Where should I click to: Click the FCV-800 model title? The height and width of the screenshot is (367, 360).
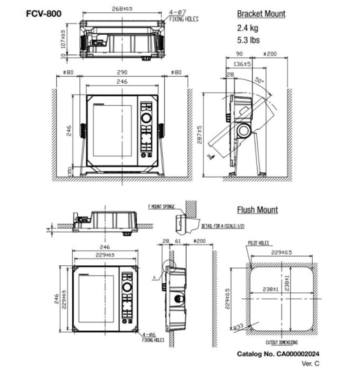(44, 13)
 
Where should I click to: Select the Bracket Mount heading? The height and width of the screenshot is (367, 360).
(261, 14)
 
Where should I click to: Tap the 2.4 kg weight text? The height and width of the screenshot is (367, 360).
(248, 29)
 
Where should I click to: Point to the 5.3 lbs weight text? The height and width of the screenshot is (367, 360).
(249, 41)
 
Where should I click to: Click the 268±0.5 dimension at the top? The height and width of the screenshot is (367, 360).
(122, 9)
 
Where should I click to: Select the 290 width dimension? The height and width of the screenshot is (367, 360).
(122, 72)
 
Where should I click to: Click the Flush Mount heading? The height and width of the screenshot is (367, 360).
(257, 210)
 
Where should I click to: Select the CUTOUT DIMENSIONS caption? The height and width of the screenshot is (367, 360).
(282, 342)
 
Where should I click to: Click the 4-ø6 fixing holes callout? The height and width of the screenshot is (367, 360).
(153, 337)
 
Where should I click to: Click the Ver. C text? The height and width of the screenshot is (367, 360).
(310, 363)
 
